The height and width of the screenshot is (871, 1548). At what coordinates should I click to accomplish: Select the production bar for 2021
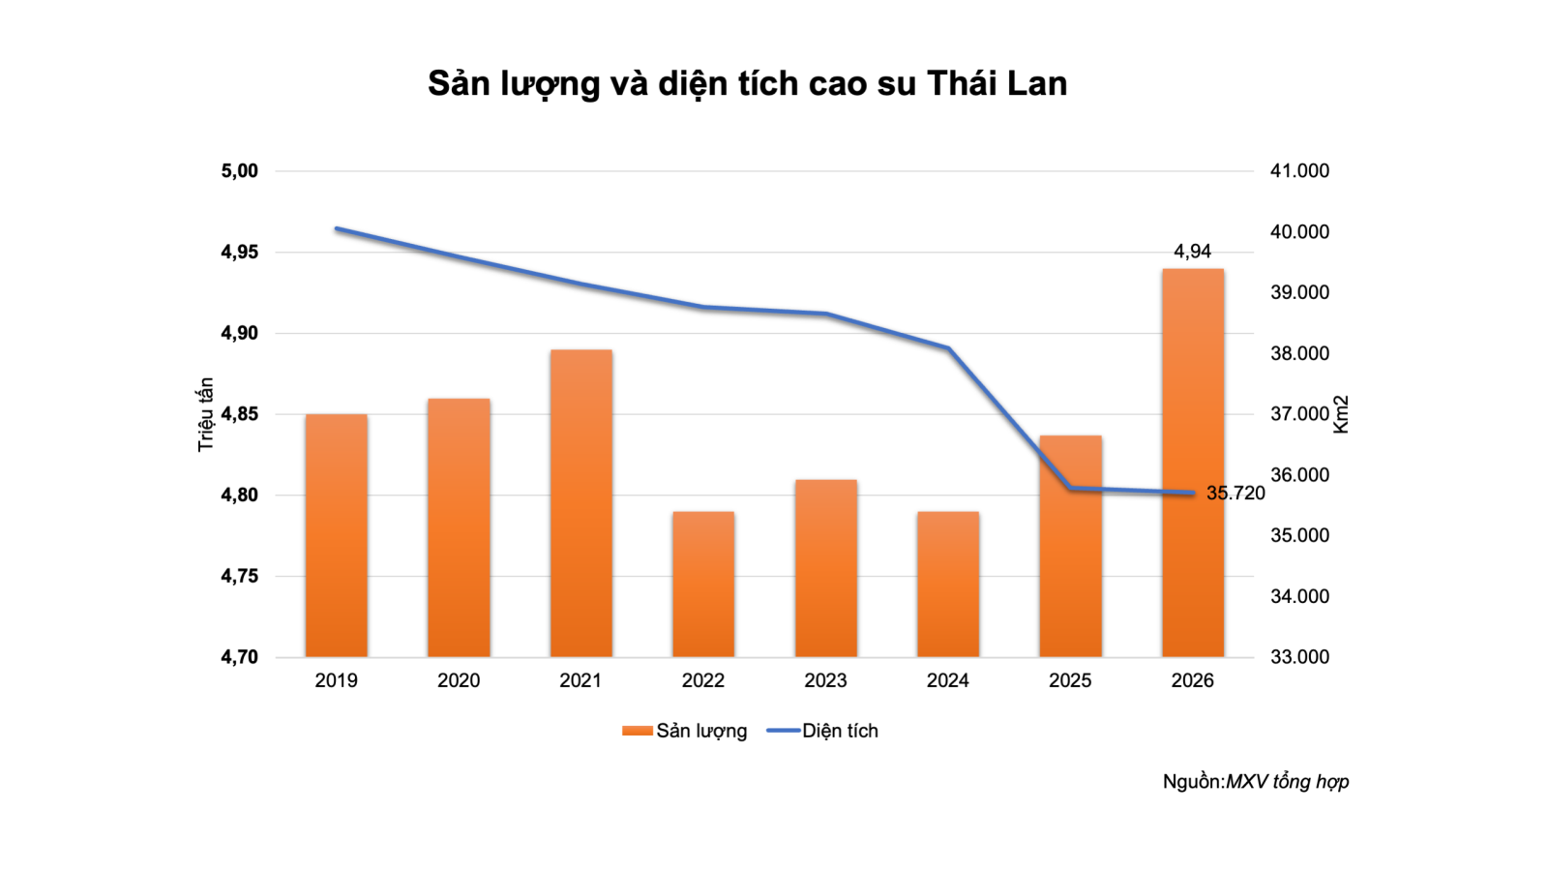pos(580,503)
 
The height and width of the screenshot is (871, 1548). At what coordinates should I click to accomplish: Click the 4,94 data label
pos(1192,252)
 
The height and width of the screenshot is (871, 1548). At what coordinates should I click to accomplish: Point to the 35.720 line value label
pos(1235,494)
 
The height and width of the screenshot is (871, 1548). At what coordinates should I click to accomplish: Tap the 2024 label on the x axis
pos(947,680)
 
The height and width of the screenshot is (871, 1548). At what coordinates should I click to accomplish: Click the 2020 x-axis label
pos(459,680)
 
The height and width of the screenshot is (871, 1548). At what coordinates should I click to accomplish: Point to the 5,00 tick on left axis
pos(240,171)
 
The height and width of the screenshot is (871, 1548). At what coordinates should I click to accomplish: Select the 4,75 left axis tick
pos(240,576)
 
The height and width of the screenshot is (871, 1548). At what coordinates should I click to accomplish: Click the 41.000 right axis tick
pos(1299,171)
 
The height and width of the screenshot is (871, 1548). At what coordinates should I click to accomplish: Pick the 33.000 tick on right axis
pos(1299,657)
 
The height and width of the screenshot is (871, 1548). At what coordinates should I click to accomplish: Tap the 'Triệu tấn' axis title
pos(205,414)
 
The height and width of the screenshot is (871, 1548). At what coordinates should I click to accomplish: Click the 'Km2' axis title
pos(1341,414)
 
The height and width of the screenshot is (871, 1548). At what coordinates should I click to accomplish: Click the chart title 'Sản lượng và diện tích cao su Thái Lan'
pos(747,84)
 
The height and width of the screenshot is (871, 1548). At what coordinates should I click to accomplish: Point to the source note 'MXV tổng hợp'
pos(1287,781)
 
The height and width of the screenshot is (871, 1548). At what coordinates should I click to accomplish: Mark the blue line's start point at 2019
pos(336,229)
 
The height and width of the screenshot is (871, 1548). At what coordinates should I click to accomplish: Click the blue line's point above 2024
pos(948,348)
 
